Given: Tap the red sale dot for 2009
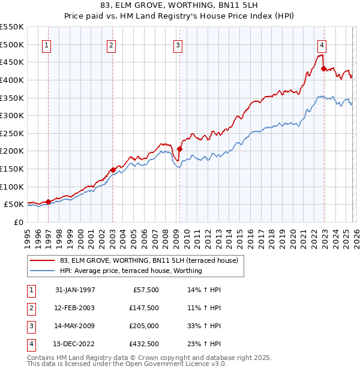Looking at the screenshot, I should (179, 149).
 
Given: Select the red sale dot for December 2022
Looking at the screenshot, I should (323, 68).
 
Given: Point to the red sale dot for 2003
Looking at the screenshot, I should (113, 170).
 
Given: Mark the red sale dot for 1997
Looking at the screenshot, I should (48, 202).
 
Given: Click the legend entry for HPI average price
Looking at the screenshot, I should (131, 271).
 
